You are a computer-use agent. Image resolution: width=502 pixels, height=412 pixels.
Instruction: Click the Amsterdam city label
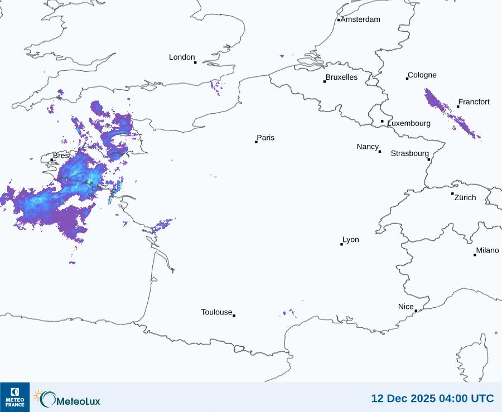click(x=360, y=20)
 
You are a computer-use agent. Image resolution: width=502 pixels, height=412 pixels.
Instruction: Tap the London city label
click(x=182, y=57)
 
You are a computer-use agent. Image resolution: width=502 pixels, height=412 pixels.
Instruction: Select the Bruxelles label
click(x=341, y=77)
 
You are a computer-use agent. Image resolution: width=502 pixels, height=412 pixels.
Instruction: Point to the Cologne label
click(x=422, y=75)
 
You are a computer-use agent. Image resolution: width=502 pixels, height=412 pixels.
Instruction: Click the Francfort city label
click(x=474, y=102)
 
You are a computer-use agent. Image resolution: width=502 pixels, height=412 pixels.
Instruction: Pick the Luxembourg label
click(x=409, y=123)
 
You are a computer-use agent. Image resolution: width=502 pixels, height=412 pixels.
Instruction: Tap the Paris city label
click(x=266, y=138)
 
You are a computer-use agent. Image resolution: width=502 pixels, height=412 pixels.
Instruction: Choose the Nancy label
click(x=368, y=147)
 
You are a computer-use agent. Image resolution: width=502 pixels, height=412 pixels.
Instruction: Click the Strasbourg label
click(x=410, y=153)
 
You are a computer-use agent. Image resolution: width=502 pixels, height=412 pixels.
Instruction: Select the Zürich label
click(x=465, y=197)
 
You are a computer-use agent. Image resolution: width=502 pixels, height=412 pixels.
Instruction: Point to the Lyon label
click(x=351, y=240)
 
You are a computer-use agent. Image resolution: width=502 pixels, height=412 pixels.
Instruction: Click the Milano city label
click(x=487, y=251)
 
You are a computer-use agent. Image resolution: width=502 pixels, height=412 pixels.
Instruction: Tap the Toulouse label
click(x=216, y=312)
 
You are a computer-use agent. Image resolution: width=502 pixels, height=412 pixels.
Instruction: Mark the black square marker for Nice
click(x=416, y=311)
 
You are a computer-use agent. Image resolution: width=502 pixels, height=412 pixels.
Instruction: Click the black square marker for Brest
click(x=52, y=160)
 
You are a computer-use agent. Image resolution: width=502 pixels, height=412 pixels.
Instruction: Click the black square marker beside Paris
click(x=256, y=142)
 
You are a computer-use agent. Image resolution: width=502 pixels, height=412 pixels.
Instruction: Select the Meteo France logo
click(x=15, y=397)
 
